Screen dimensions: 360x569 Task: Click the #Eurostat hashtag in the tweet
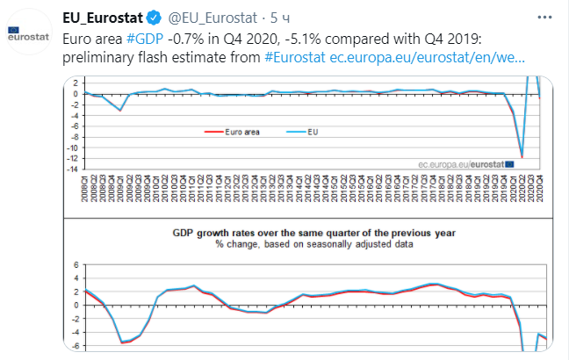point(295,57)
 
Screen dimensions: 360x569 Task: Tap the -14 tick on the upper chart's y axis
point(77,169)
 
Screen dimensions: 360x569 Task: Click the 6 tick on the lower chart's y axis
point(77,265)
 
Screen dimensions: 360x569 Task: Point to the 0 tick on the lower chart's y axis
point(77,305)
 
